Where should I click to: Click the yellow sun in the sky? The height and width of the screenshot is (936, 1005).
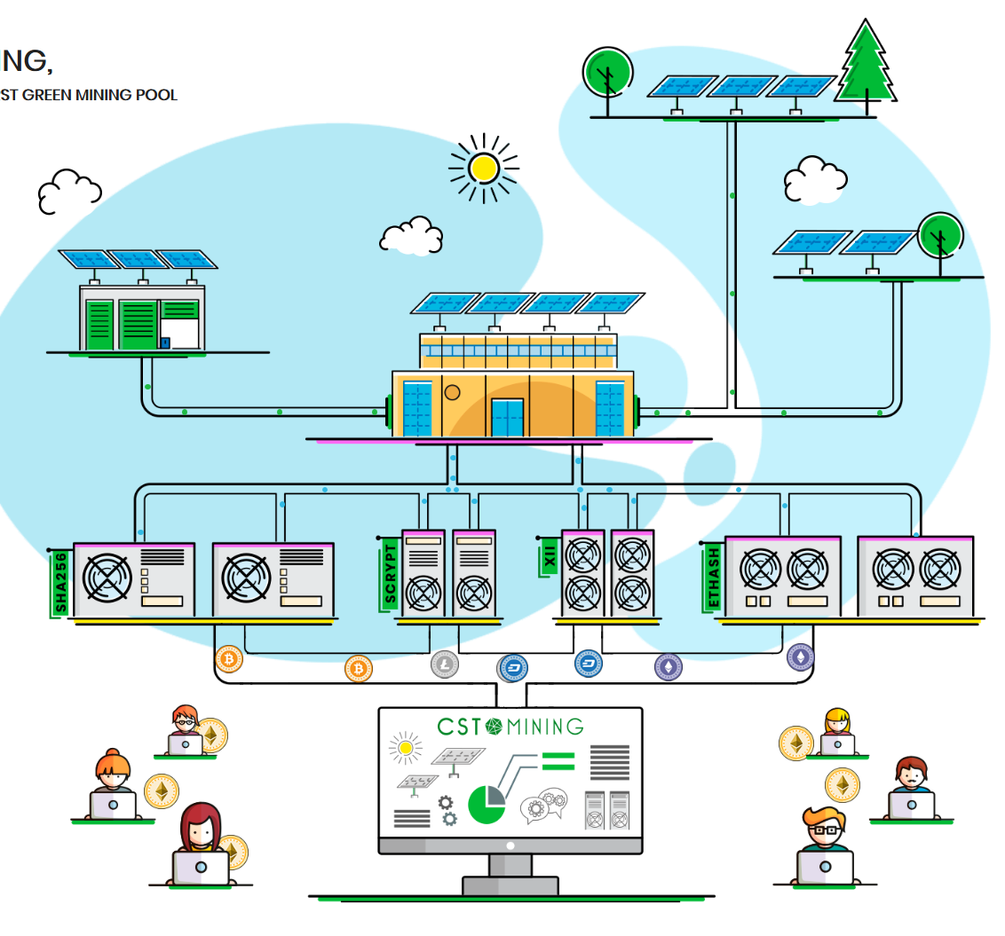[484, 167]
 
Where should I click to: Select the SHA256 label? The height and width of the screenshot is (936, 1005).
[60, 582]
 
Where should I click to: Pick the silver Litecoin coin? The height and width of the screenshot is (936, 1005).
[444, 664]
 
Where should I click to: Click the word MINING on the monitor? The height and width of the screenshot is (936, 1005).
[545, 727]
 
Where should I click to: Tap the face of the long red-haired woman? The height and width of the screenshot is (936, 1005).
[201, 831]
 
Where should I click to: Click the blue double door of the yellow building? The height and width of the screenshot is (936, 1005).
[507, 418]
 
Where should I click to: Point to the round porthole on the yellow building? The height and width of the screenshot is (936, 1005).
[453, 391]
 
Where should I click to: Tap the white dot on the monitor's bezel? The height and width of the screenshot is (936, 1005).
[510, 846]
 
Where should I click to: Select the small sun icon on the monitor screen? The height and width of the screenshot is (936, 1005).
[406, 749]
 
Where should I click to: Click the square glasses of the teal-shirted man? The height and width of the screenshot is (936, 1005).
[825, 830]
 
